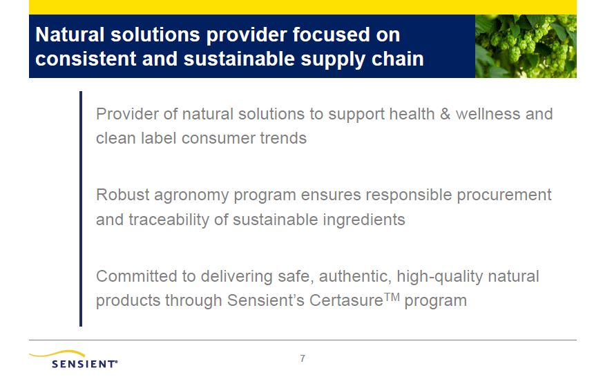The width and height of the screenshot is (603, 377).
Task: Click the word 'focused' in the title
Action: click(331, 35)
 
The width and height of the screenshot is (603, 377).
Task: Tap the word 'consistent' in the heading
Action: click(86, 59)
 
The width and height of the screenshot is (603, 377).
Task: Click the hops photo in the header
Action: click(526, 46)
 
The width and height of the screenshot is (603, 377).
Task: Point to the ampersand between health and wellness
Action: click(445, 114)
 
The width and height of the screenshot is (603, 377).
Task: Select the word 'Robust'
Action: click(123, 195)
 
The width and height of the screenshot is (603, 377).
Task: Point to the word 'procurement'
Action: click(504, 195)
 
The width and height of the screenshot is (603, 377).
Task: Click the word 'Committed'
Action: click(137, 276)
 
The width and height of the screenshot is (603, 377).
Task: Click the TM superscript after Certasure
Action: click(392, 297)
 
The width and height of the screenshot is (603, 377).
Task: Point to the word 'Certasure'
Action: click(346, 300)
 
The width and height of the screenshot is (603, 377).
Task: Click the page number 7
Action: click(303, 358)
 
